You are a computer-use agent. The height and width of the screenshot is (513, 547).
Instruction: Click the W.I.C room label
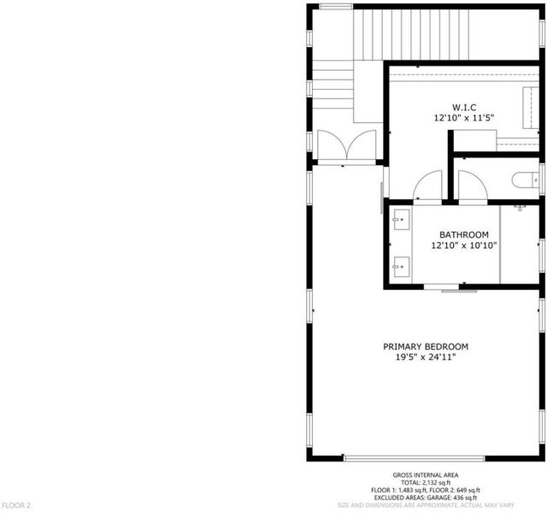pos(464,107)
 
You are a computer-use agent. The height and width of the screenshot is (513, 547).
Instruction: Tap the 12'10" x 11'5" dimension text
pos(464,118)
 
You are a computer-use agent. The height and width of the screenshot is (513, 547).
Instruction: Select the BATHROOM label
pos(463,234)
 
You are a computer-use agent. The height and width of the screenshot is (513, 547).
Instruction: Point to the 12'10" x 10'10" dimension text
pos(463,245)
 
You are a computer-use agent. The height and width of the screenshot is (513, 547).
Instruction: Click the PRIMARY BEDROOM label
pos(426,346)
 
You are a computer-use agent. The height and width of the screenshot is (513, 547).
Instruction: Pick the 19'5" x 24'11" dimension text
pos(426,357)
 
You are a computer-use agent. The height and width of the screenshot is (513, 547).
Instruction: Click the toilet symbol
pos(526,180)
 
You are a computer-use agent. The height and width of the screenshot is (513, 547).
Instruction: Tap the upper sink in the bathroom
pos(402,220)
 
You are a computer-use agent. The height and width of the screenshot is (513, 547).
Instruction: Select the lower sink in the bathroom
pos(402,267)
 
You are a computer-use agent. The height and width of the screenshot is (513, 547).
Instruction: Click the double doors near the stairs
pos(347,146)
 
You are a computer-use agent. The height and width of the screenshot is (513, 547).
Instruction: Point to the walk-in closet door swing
pos(427,185)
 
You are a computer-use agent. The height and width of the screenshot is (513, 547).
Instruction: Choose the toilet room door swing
pos(473,185)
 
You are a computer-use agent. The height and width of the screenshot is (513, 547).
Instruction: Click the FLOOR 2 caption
pos(16,505)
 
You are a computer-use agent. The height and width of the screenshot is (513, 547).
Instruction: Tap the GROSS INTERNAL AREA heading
pos(426,475)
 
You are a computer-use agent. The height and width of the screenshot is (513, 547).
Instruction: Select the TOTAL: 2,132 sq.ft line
pos(426,482)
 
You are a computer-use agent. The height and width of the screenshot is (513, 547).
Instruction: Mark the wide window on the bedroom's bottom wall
pos(414,458)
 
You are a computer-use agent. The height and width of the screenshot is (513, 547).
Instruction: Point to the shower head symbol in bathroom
pos(520,208)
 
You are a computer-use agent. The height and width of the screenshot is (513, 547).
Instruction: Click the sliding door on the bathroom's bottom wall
pos(450,288)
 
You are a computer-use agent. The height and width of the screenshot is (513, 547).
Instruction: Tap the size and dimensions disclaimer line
pos(426,505)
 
